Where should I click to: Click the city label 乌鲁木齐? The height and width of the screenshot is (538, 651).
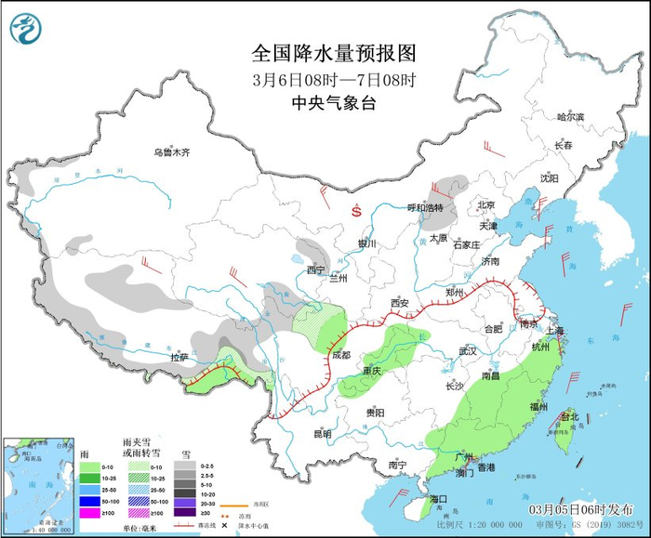click(x=172, y=152)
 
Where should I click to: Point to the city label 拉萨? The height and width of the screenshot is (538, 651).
click(x=179, y=357)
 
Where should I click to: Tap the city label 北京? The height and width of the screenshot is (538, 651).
click(x=485, y=205)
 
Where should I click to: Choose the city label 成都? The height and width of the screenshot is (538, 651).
click(x=340, y=355)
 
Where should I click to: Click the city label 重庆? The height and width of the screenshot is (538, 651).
click(x=372, y=371)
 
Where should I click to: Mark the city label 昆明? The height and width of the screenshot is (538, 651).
click(x=321, y=433)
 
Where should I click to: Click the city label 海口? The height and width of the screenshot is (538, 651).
click(x=438, y=499)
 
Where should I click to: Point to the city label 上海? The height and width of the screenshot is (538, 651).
click(x=556, y=330)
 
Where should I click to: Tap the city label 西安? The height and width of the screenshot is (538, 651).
click(x=400, y=303)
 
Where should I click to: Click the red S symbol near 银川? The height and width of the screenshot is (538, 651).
click(x=355, y=211)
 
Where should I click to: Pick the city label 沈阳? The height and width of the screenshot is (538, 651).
click(x=549, y=177)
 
